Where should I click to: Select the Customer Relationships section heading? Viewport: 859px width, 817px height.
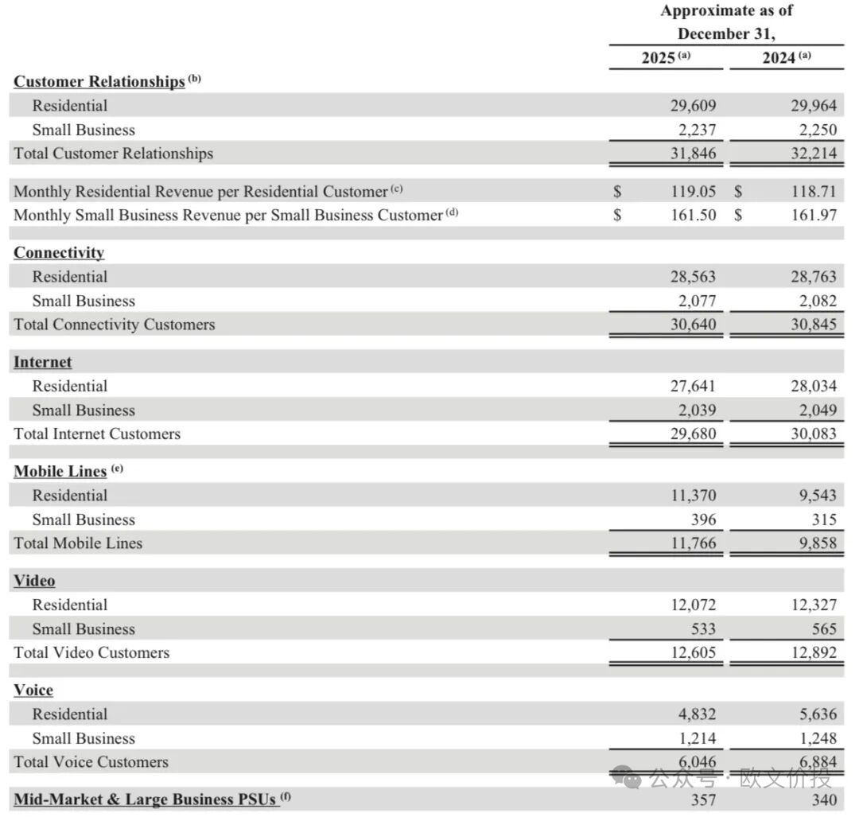point(99,81)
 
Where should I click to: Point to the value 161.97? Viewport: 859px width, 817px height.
point(813,215)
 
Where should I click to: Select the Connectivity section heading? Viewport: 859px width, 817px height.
point(59,252)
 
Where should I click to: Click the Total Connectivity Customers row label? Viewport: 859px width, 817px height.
point(114,325)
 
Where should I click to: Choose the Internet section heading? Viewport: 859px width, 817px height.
point(43,362)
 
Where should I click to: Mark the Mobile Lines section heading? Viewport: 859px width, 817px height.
point(60,471)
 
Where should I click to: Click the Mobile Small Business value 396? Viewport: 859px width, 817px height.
point(703,519)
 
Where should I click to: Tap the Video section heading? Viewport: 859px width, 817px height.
point(34,581)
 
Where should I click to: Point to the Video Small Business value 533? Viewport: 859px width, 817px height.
point(703,628)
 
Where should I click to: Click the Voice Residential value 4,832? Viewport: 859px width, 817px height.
point(696,714)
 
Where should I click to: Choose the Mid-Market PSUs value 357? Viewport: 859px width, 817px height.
point(703,799)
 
